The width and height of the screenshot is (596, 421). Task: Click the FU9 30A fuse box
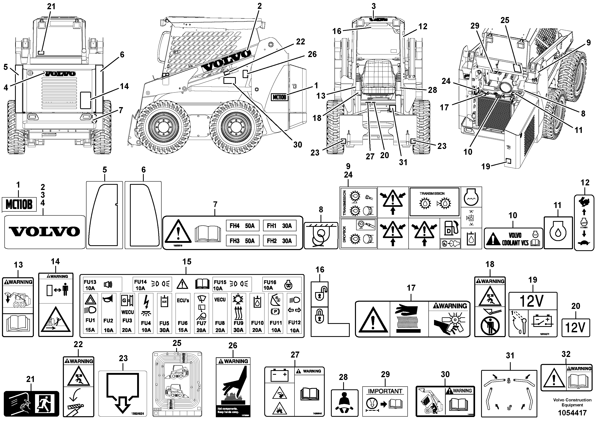click(x=238, y=313)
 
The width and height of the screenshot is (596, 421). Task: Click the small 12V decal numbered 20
click(x=576, y=327)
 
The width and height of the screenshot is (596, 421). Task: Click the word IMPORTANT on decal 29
click(x=385, y=391)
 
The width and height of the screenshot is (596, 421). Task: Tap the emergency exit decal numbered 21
click(x=31, y=404)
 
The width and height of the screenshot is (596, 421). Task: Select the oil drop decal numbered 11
click(x=558, y=233)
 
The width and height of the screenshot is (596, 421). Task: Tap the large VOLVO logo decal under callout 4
click(x=45, y=232)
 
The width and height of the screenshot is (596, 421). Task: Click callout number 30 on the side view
click(x=297, y=145)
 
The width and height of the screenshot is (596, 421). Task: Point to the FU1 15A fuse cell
click(x=90, y=313)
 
